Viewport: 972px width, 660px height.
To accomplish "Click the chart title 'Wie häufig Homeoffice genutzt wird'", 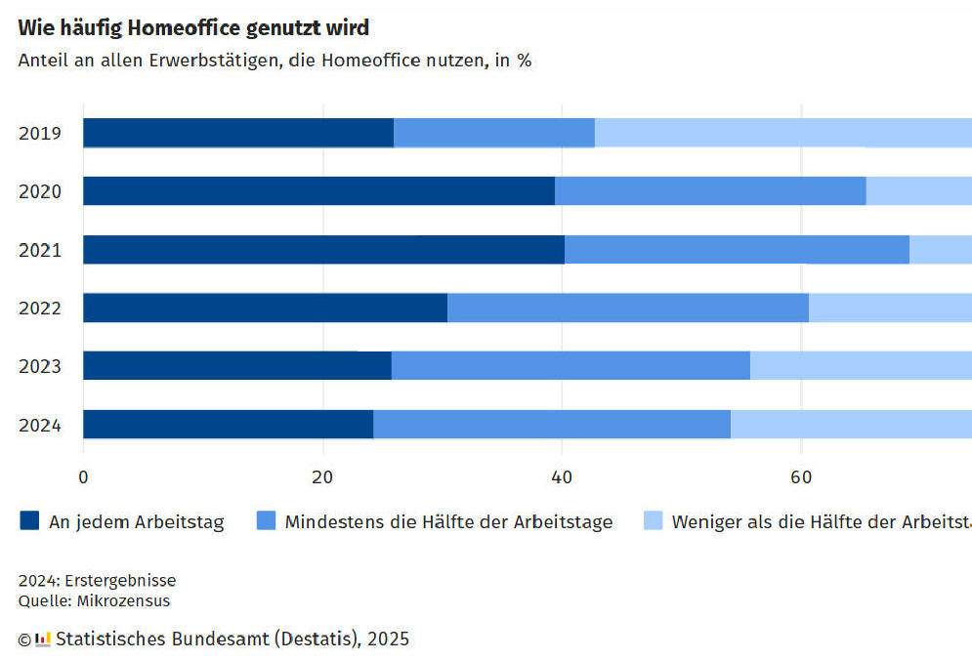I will [x=193, y=27].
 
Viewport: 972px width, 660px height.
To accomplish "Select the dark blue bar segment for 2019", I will [x=238, y=133].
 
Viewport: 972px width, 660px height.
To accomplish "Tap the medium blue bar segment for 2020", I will [x=710, y=191].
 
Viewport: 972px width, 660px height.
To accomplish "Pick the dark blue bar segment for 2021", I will [x=323, y=250].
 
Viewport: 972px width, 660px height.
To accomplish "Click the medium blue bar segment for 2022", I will [x=628, y=308].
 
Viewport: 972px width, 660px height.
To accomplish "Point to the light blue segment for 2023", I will [x=861, y=365].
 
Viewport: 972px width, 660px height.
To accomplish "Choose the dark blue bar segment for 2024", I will [x=228, y=424].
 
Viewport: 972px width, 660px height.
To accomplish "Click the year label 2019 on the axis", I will [x=40, y=133].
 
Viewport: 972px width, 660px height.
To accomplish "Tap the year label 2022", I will [x=40, y=309].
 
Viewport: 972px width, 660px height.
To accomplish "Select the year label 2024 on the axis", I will [x=40, y=425].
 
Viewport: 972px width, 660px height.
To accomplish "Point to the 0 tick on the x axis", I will [x=83, y=477].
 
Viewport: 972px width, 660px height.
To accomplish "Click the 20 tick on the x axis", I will [x=322, y=477].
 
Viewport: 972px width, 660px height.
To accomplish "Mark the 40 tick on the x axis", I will [x=562, y=477].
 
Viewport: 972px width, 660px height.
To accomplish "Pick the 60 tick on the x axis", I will [x=801, y=477].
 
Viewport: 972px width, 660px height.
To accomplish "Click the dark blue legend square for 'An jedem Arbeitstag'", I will [x=29, y=521].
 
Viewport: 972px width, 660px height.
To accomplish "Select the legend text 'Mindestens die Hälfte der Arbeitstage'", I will [x=448, y=522].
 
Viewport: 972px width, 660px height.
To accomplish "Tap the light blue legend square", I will [x=653, y=521].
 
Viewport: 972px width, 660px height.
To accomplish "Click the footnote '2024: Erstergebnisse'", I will [x=97, y=581].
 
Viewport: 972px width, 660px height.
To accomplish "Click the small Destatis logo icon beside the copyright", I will [x=43, y=639].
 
